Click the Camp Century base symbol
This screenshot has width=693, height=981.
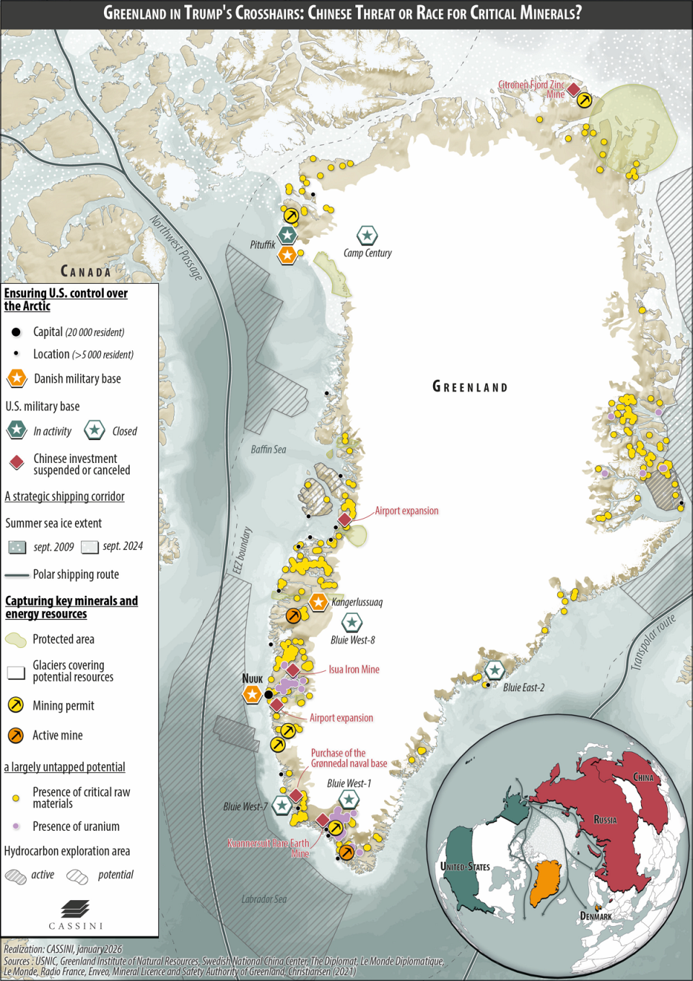coord(367,235)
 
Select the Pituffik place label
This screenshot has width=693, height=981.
coord(263,245)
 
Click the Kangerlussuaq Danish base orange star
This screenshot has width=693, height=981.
coord(318,602)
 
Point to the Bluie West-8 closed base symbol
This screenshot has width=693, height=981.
coord(352,623)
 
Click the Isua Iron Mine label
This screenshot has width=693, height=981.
coord(354,670)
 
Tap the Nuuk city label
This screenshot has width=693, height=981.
coord(252,678)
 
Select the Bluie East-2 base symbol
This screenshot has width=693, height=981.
coord(494,670)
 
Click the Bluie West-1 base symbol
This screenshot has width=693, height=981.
coord(349,800)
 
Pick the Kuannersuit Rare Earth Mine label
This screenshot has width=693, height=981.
coord(269,848)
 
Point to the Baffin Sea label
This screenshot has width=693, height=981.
coord(269,449)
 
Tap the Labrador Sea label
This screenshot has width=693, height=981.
coord(264,899)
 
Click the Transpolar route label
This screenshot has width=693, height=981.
coord(653,642)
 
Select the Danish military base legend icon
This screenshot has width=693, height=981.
coord(17,379)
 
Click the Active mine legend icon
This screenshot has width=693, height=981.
coord(16,735)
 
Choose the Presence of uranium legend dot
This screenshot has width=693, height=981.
coord(16,826)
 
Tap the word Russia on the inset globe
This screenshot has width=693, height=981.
coord(605,820)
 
